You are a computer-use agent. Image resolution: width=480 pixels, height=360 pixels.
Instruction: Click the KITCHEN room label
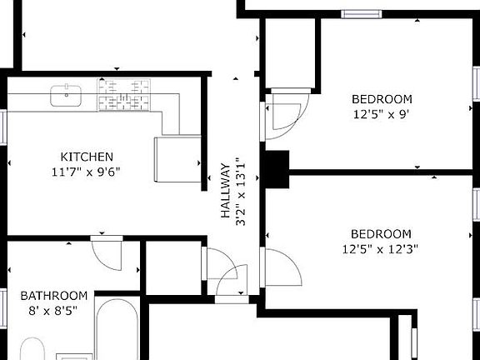click(x=87, y=157)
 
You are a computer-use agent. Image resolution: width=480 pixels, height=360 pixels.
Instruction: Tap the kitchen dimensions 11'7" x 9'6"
click(x=87, y=172)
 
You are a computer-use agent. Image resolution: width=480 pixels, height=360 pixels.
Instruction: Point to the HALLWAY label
click(x=225, y=191)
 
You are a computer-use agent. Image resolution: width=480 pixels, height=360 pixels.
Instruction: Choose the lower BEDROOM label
click(x=381, y=233)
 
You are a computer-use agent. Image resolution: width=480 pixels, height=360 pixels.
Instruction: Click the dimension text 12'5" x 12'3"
click(x=381, y=248)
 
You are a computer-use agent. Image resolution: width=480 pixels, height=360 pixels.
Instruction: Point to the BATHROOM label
click(x=54, y=296)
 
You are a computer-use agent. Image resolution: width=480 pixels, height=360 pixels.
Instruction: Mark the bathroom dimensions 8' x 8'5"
click(x=54, y=311)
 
